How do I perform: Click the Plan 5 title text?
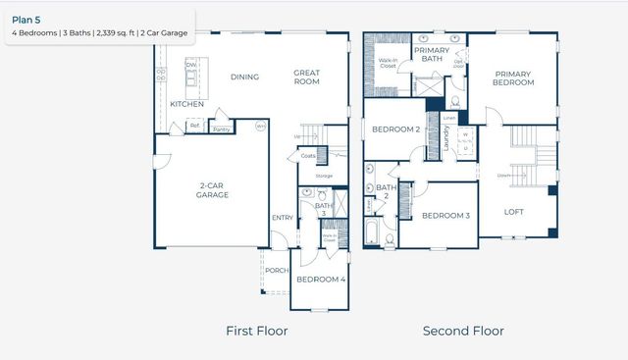pyautogui.click(x=26, y=17)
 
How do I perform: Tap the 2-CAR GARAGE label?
pyautogui.click(x=211, y=189)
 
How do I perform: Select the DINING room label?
pyautogui.click(x=244, y=77)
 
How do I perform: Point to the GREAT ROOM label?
pyautogui.click(x=308, y=77)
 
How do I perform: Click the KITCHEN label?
pyautogui.click(x=186, y=103)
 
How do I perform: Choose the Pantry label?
pyautogui.click(x=221, y=129)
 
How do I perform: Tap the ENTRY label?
pyautogui.click(x=282, y=218)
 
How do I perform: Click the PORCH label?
pyautogui.click(x=277, y=271)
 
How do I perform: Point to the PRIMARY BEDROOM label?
pyautogui.click(x=514, y=77)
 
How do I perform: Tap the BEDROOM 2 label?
pyautogui.click(x=395, y=129)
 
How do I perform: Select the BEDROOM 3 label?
pyautogui.click(x=445, y=216)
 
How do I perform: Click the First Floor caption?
pyautogui.click(x=256, y=331)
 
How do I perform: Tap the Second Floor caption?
pyautogui.click(x=463, y=331)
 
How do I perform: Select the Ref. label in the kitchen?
pyautogui.click(x=195, y=126)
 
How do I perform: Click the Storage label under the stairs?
pyautogui.click(x=323, y=176)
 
